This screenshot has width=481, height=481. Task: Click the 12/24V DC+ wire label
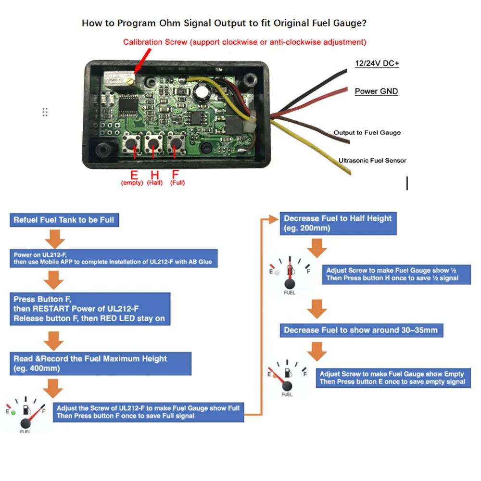tap(377, 63)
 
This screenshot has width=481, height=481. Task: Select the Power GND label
tap(376, 91)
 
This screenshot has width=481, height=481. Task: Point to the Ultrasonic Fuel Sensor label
tap(372, 161)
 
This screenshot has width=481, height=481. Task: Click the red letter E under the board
tap(134, 175)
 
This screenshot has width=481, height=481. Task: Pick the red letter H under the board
tap(155, 175)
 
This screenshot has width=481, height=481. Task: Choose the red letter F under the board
tap(176, 175)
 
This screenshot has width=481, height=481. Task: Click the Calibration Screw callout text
tap(244, 42)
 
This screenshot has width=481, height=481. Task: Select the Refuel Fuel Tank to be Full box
tap(64, 220)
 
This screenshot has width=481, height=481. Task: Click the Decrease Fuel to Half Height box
tap(338, 223)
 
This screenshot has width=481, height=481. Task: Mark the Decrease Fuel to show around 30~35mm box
tap(361, 330)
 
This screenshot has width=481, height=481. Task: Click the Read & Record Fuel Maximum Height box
tap(101, 363)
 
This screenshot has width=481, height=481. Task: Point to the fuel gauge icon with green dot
tap(25, 413)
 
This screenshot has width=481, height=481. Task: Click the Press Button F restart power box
tap(89, 308)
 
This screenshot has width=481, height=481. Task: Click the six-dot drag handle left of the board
tap(45, 112)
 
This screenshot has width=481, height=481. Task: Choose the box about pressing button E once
tap(393, 378)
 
